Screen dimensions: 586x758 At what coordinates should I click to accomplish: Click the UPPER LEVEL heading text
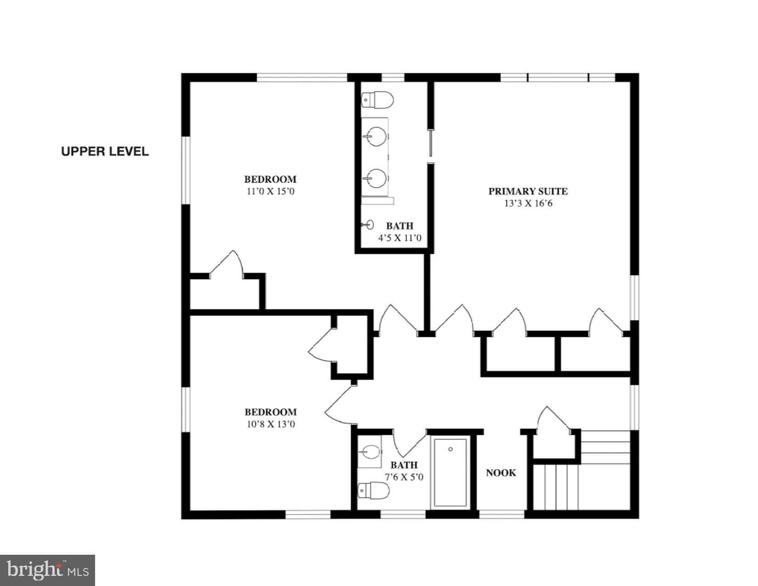click(105, 151)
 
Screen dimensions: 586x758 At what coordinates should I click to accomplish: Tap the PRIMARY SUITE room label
click(528, 191)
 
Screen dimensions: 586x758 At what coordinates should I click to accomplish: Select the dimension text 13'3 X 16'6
click(528, 203)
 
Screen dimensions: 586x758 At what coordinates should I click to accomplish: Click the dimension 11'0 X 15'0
click(270, 191)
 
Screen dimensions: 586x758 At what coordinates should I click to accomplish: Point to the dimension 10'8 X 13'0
click(271, 424)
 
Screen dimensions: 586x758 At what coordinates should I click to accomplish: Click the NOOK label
click(501, 472)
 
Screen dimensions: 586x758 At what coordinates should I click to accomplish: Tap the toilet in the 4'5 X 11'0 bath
click(378, 100)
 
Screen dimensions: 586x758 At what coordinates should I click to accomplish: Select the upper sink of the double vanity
click(376, 137)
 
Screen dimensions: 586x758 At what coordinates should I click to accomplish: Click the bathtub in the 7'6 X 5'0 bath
click(451, 472)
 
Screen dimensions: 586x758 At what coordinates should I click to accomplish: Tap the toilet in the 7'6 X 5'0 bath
click(374, 490)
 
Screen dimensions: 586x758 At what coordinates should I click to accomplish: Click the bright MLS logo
click(48, 570)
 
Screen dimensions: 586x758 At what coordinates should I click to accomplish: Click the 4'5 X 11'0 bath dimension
click(399, 238)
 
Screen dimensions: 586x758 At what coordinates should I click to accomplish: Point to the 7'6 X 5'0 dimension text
click(404, 477)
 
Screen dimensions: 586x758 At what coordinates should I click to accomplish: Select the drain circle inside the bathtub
click(451, 449)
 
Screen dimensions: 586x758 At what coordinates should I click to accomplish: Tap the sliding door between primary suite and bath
click(430, 143)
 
